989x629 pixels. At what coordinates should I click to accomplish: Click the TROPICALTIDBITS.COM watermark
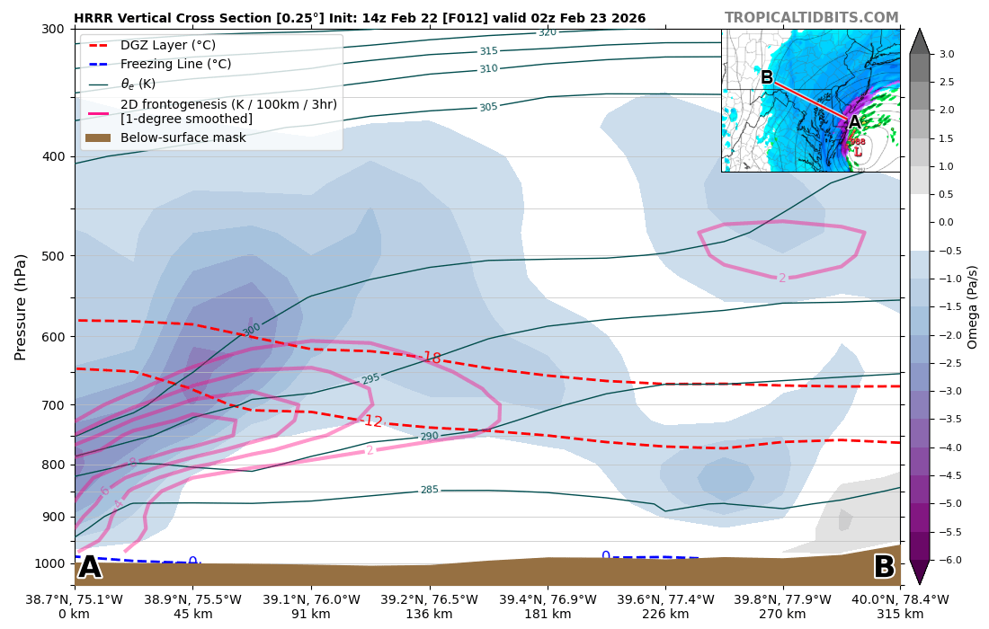click(x=811, y=18)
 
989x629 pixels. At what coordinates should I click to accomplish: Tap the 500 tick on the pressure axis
click(x=52, y=256)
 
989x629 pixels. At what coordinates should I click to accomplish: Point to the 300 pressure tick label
click(x=52, y=29)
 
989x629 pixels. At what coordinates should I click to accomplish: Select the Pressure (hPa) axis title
click(x=21, y=306)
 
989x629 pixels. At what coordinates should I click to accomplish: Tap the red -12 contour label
click(x=372, y=421)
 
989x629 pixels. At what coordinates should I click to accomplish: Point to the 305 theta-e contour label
click(x=488, y=108)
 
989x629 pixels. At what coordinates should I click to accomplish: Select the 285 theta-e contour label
click(x=430, y=491)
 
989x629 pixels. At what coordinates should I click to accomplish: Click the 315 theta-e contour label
click(x=488, y=52)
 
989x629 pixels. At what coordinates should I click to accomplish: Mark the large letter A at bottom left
click(x=90, y=568)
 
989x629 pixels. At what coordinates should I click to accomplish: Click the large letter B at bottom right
click(x=884, y=568)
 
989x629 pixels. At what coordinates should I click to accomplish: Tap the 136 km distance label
click(x=429, y=615)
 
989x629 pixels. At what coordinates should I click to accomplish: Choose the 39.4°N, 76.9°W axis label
click(x=548, y=599)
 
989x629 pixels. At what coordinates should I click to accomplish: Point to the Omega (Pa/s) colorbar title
click(x=973, y=306)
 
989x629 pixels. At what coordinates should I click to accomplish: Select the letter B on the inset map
click(x=767, y=78)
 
